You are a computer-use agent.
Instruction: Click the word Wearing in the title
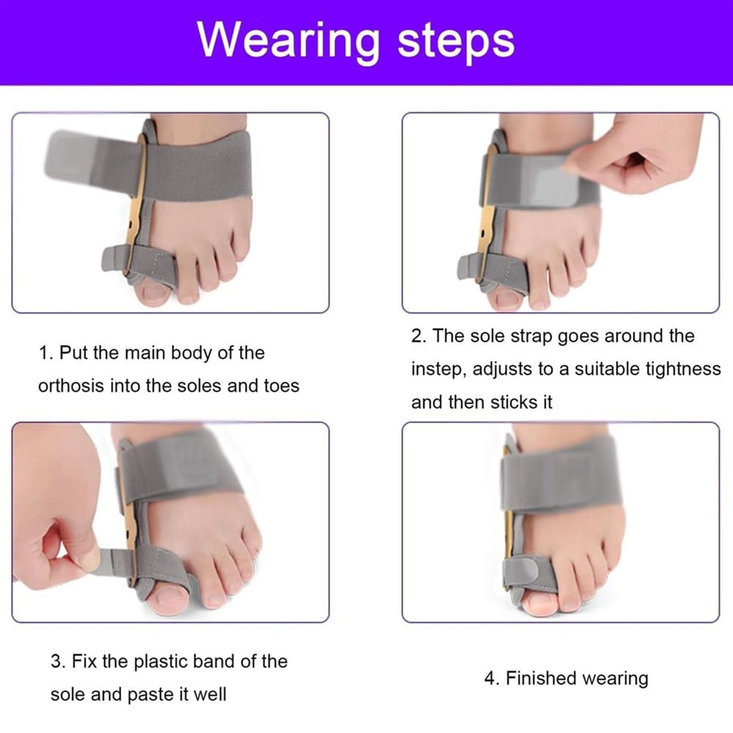point(288,42)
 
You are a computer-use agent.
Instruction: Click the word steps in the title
point(456,42)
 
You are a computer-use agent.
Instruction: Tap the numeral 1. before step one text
point(47,353)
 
